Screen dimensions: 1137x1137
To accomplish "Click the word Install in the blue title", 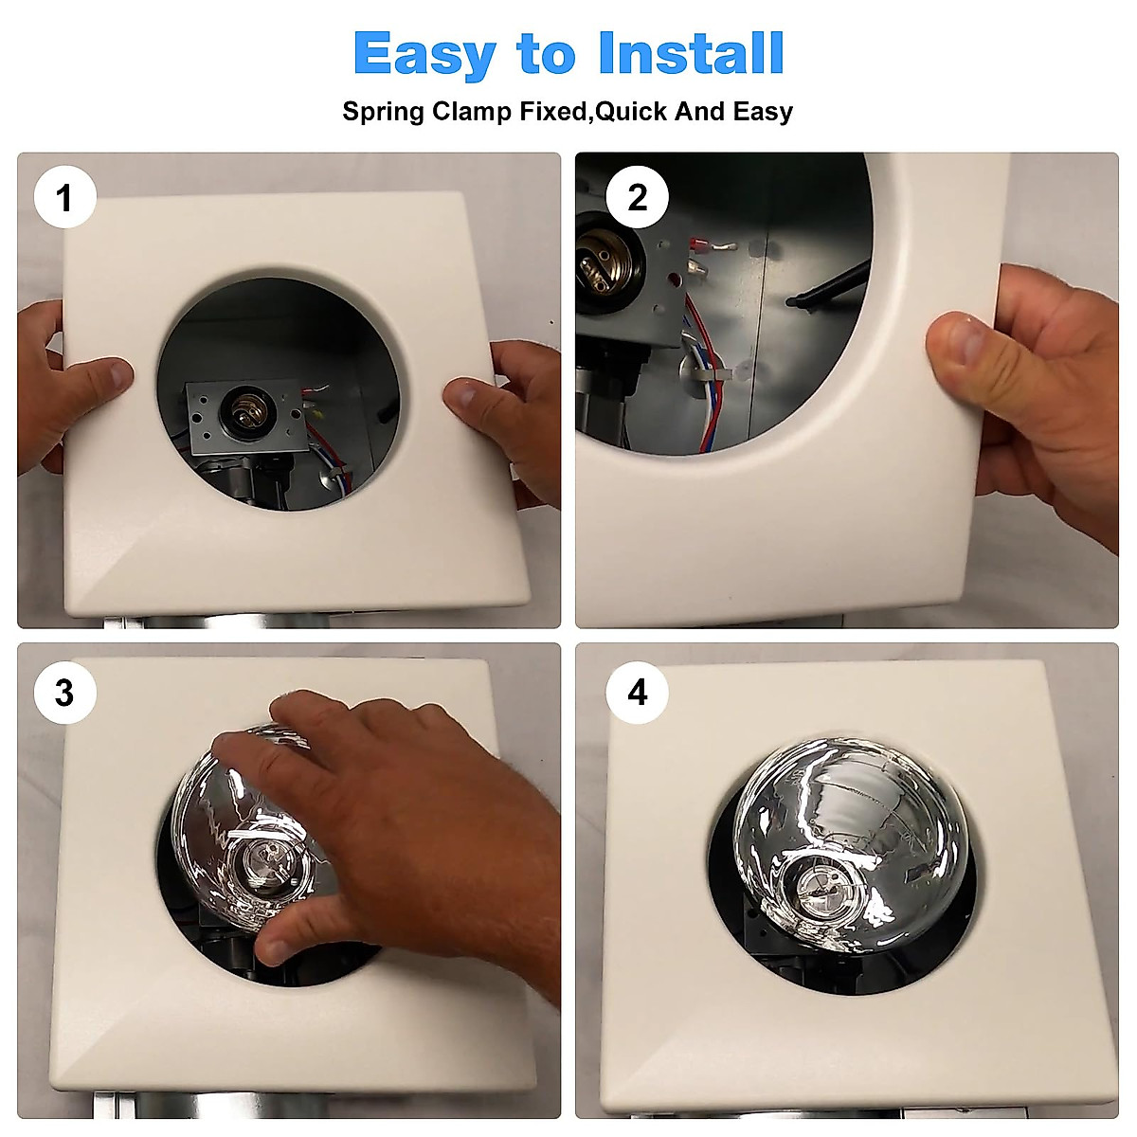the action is coord(691,53).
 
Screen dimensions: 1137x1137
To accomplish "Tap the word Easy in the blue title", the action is coord(424,56).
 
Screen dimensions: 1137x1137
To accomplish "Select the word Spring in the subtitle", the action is coord(383,112).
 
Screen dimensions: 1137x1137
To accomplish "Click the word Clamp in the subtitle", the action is coord(472,112).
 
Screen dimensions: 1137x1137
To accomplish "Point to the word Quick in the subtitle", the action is coord(630,112).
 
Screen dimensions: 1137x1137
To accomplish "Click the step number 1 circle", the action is coord(65,197).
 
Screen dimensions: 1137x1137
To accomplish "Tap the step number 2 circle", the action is coord(638,197).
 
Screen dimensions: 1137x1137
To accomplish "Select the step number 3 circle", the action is coord(65,693).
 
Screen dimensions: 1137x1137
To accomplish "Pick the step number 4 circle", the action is coord(638,693).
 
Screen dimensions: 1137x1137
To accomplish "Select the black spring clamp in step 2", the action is coord(829,286).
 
